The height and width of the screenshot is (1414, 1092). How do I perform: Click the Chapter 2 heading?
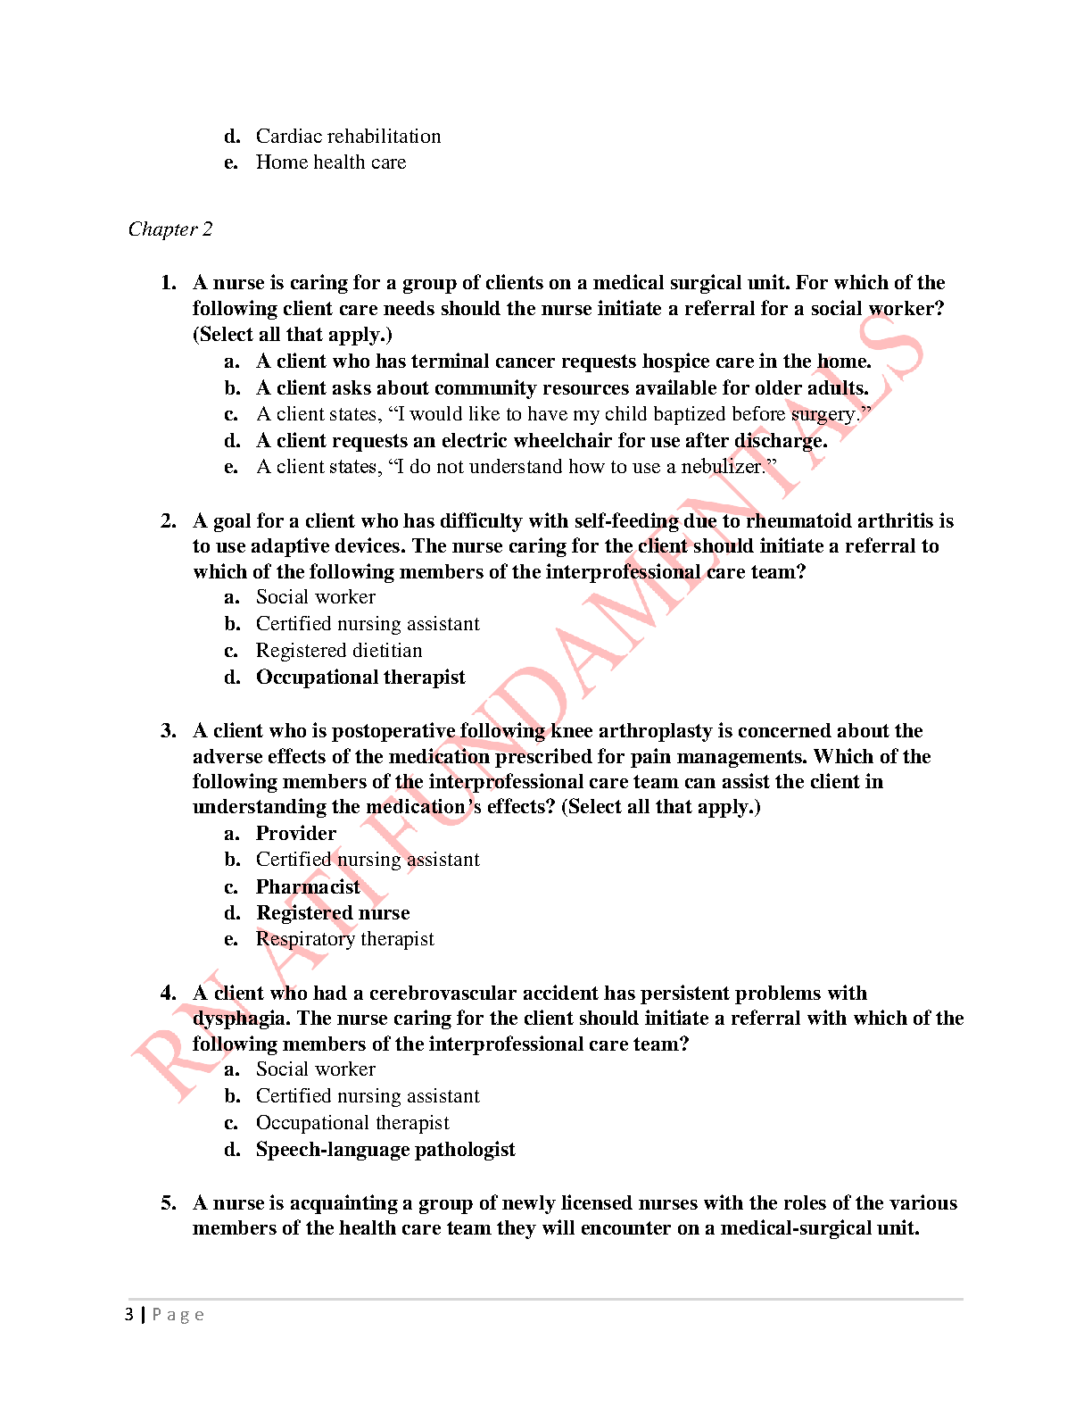pos(170,229)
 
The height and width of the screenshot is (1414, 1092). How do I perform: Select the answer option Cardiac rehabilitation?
pos(348,137)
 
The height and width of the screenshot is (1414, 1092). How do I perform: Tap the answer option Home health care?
pos(330,162)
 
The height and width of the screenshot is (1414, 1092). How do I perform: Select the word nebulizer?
pos(723,467)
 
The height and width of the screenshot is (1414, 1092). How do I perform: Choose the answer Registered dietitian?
pos(339,651)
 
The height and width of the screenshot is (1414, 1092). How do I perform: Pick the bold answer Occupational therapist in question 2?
pos(360,678)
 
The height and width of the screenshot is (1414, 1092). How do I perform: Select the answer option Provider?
pos(296,834)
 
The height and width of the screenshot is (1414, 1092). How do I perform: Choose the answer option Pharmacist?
pos(308,887)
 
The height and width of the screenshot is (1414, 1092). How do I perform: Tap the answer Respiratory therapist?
pos(344,939)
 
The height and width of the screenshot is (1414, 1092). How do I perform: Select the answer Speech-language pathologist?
pos(385,1150)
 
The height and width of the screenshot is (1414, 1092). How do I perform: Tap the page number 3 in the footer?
pos(129,1315)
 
